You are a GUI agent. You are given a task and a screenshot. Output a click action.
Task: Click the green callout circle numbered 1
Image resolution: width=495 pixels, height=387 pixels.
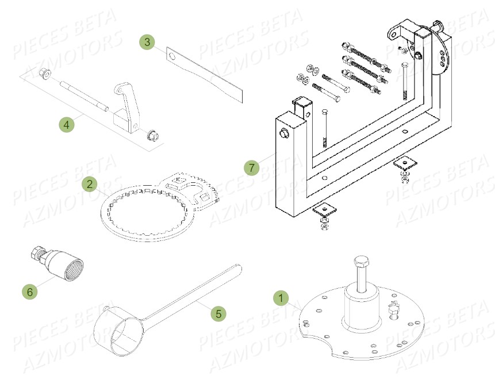(281, 298)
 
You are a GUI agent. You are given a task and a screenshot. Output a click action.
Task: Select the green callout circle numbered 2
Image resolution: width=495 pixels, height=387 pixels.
(89, 184)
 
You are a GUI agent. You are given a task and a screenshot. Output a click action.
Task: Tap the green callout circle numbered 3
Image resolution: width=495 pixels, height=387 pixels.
(147, 42)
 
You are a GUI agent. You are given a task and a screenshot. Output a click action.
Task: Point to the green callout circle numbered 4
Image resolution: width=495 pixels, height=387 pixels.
(66, 124)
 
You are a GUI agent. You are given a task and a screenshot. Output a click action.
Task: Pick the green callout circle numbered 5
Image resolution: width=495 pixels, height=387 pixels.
(217, 313)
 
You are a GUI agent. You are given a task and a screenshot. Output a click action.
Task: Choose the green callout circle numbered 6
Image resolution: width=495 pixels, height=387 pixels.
(30, 292)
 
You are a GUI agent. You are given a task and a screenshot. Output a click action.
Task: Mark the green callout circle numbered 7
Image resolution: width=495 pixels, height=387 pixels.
(251, 168)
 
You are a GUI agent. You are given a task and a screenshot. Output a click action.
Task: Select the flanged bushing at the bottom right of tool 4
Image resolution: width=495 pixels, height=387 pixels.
(152, 135)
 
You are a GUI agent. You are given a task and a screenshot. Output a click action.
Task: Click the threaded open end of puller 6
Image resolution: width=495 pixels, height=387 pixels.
(73, 267)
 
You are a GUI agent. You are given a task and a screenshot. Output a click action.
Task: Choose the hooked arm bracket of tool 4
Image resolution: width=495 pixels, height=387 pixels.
(125, 104)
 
